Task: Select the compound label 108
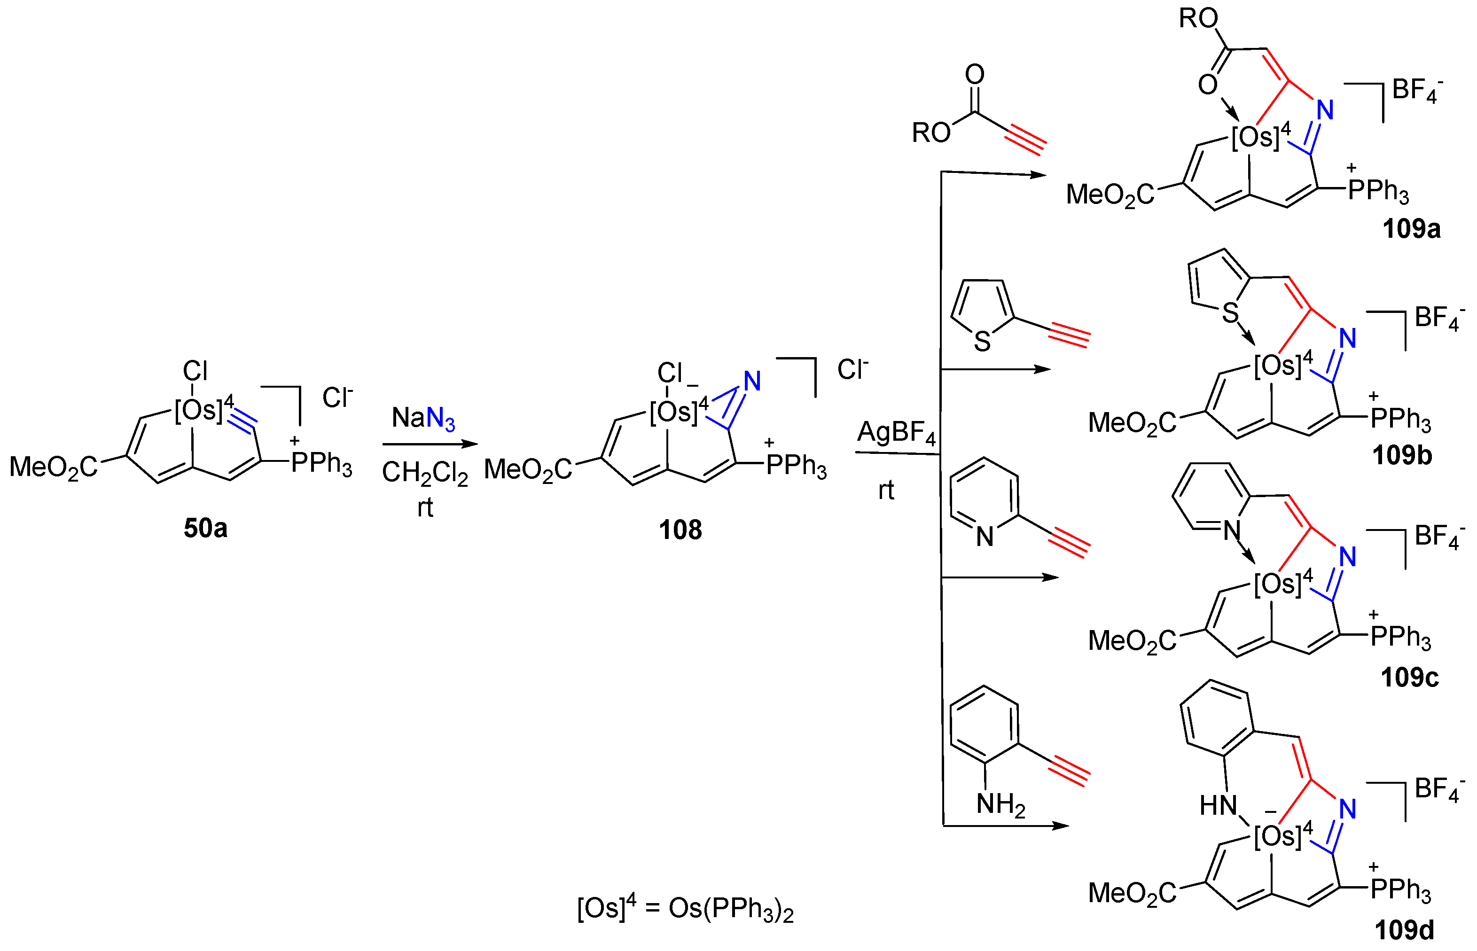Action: click(680, 530)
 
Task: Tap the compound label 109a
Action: click(1411, 230)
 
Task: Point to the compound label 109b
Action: click(1402, 456)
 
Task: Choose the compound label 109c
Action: click(1410, 678)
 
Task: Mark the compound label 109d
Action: click(1404, 930)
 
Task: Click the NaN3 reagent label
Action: click(423, 419)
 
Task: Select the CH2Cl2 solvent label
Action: click(425, 473)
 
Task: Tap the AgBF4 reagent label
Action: click(896, 432)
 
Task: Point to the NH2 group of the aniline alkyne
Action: click(1000, 805)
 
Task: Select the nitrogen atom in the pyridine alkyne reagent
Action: click(985, 536)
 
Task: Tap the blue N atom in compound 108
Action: click(751, 381)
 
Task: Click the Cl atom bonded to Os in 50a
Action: click(195, 371)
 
